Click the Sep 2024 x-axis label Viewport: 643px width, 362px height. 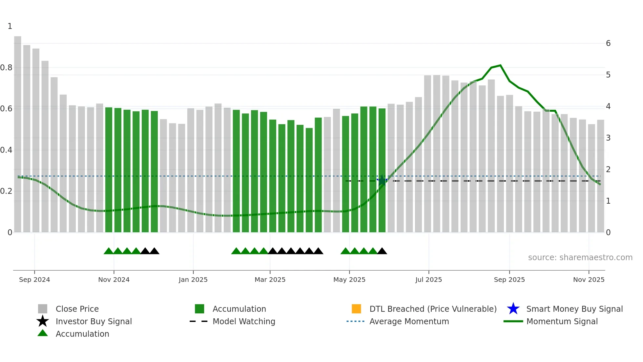(34, 280)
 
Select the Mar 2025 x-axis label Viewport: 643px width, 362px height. (270, 280)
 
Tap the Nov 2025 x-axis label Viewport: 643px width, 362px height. (589, 280)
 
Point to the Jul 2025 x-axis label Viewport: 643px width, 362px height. (428, 280)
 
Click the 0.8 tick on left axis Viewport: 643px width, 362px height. (7, 68)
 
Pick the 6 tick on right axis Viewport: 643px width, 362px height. (608, 43)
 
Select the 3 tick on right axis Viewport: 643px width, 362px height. (608, 138)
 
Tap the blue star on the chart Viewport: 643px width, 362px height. (382, 180)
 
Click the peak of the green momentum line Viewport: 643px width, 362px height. (500, 65)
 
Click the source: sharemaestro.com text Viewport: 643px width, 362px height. (580, 258)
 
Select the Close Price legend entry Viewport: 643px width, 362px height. (77, 309)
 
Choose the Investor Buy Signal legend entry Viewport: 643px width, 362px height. (93, 321)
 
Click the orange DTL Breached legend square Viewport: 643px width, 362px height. (356, 309)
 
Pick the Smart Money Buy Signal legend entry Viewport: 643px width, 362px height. (574, 309)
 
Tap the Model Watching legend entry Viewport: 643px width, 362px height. (244, 321)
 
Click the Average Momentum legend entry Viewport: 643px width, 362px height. (409, 321)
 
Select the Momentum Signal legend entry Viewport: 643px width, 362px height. (562, 321)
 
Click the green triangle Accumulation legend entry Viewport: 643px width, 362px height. (82, 334)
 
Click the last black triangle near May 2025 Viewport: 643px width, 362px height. (382, 251)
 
